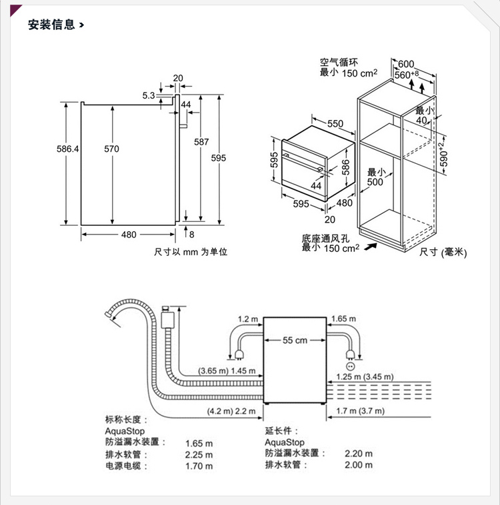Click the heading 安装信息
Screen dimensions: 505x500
[51, 25]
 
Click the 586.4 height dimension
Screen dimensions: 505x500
[67, 149]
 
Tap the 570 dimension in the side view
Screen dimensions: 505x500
[111, 149]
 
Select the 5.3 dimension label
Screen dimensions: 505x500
[148, 95]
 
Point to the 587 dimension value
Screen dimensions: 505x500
[201, 142]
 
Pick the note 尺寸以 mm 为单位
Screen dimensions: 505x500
[191, 252]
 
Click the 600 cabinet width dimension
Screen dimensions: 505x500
[406, 65]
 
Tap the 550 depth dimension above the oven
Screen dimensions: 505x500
[335, 124]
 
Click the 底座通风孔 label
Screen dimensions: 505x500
[321, 238]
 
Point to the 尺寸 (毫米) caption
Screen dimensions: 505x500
[443, 252]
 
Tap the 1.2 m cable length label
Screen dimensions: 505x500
[247, 319]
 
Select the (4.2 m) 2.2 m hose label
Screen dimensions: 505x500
[231, 411]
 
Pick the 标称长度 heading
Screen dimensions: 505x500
[125, 420]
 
